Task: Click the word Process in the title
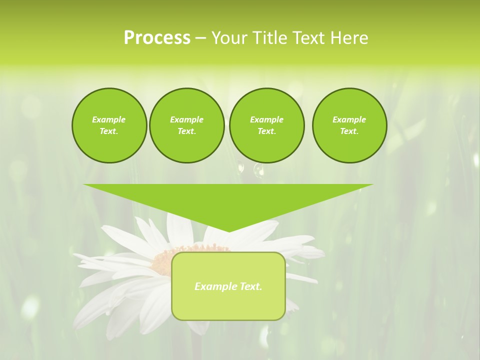coord(157,38)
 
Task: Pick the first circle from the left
coord(109,125)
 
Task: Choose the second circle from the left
coord(186,125)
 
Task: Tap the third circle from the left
coord(266,125)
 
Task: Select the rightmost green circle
coord(349,125)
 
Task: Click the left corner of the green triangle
coord(84,184)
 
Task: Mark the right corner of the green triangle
coord(372,184)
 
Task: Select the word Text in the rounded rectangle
coord(251,286)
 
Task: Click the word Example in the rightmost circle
coord(349,119)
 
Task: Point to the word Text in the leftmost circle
coord(108,131)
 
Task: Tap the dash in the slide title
coord(200,38)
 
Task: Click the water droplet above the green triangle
coord(258,170)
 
